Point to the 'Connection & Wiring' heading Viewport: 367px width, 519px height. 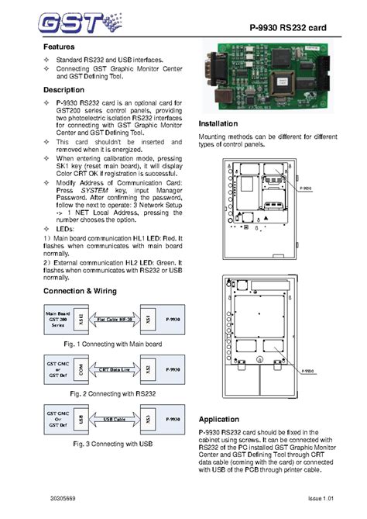click(80, 290)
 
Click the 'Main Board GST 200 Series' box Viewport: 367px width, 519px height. click(57, 318)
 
